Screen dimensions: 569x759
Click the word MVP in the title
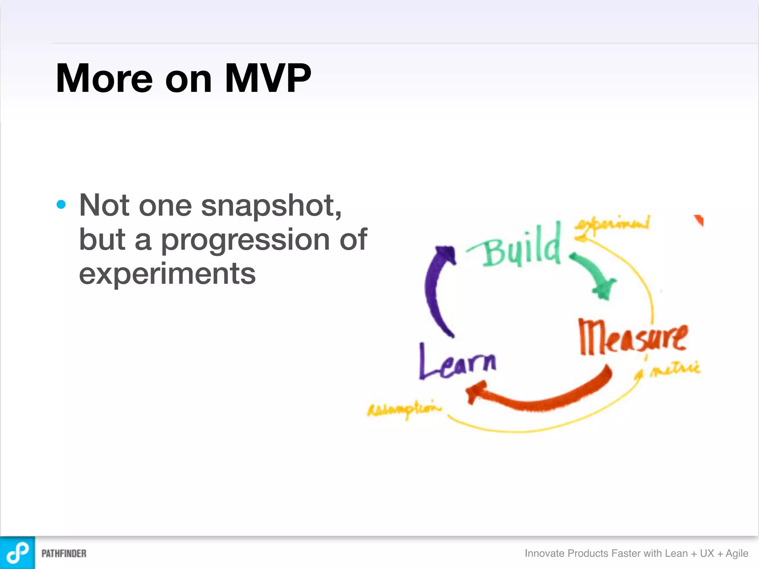tap(268, 78)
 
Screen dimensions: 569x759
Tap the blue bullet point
tap(61, 204)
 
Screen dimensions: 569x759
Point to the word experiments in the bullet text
tap(167, 274)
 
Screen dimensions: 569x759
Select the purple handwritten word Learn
tap(457, 362)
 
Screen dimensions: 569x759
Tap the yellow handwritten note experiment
tap(611, 224)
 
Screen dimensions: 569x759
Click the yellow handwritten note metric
tap(675, 369)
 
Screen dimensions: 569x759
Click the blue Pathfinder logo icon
tap(17, 553)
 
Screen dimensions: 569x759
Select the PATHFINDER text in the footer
tap(64, 553)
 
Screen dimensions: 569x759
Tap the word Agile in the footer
tap(737, 553)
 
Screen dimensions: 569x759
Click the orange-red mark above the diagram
tap(699, 220)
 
